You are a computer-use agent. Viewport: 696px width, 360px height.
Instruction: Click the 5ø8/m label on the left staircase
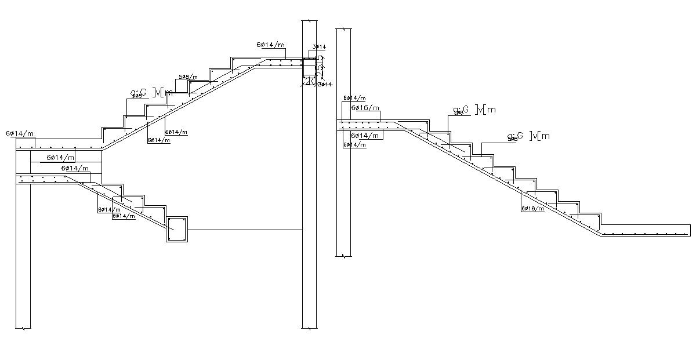click(x=188, y=77)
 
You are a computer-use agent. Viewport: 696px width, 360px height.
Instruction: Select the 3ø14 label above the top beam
click(x=319, y=46)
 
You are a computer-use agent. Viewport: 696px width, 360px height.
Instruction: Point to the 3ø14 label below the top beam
click(x=325, y=85)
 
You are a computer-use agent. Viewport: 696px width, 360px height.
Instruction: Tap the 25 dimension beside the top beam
click(x=320, y=67)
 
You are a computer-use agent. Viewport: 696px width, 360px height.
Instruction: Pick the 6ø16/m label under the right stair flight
click(x=532, y=208)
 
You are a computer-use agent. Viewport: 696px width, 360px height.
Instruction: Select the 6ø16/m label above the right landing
click(x=365, y=108)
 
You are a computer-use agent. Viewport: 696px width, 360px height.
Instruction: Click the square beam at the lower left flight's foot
click(x=177, y=230)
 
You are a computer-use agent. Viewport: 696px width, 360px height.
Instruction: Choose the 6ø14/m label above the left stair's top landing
click(x=271, y=45)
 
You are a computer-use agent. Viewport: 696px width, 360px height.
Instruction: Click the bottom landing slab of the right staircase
click(x=644, y=230)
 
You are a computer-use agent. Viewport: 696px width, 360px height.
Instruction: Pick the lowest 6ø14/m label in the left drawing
click(x=124, y=216)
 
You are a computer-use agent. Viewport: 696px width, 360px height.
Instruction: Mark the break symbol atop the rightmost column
click(x=344, y=28)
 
